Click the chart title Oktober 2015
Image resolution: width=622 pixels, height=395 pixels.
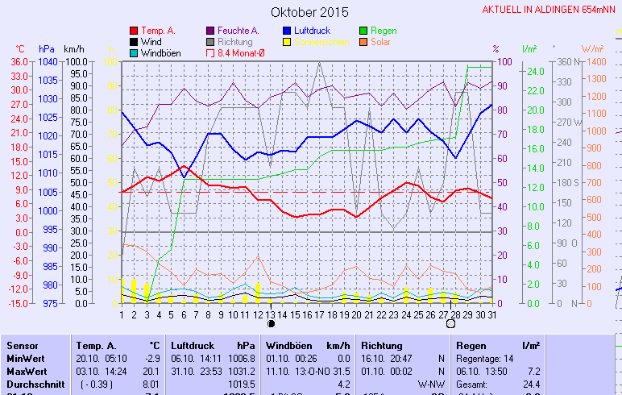pos(310,12)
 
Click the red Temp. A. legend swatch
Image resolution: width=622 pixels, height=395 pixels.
pos(133,31)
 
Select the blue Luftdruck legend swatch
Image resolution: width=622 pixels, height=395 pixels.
pos(288,31)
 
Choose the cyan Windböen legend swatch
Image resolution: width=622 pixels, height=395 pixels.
pos(133,53)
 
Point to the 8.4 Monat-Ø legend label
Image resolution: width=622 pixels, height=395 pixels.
pos(242,53)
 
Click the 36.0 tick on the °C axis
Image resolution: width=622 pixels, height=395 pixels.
pos(19,62)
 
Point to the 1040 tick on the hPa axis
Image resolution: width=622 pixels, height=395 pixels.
pos(48,62)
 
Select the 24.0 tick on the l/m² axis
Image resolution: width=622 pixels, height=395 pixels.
pos(535,71)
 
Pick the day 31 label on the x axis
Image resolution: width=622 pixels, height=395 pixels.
pos(492,314)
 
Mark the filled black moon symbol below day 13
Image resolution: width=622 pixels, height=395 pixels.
pos(272,323)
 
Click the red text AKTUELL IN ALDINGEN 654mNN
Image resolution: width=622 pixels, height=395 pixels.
pos(549,10)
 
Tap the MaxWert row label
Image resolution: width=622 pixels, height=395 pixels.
pos(26,371)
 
